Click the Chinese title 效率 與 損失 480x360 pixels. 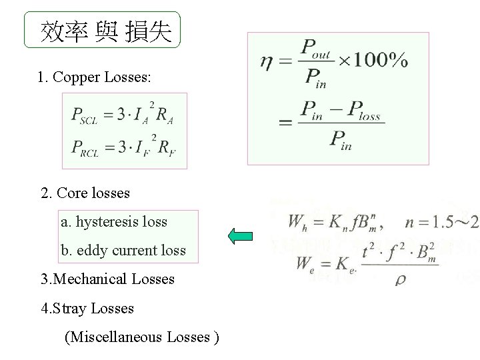105,31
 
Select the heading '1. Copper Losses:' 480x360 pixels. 95,77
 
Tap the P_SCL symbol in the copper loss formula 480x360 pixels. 85,115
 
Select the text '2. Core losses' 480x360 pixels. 85,193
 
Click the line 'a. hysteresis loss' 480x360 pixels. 114,221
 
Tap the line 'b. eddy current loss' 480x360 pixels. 123,250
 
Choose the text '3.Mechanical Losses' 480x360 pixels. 107,279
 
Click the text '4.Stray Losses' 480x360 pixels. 87,308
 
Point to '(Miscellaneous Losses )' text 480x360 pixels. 141,337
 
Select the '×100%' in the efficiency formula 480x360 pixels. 374,61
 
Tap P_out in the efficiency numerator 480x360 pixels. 317,47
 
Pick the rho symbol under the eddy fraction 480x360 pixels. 400,280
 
